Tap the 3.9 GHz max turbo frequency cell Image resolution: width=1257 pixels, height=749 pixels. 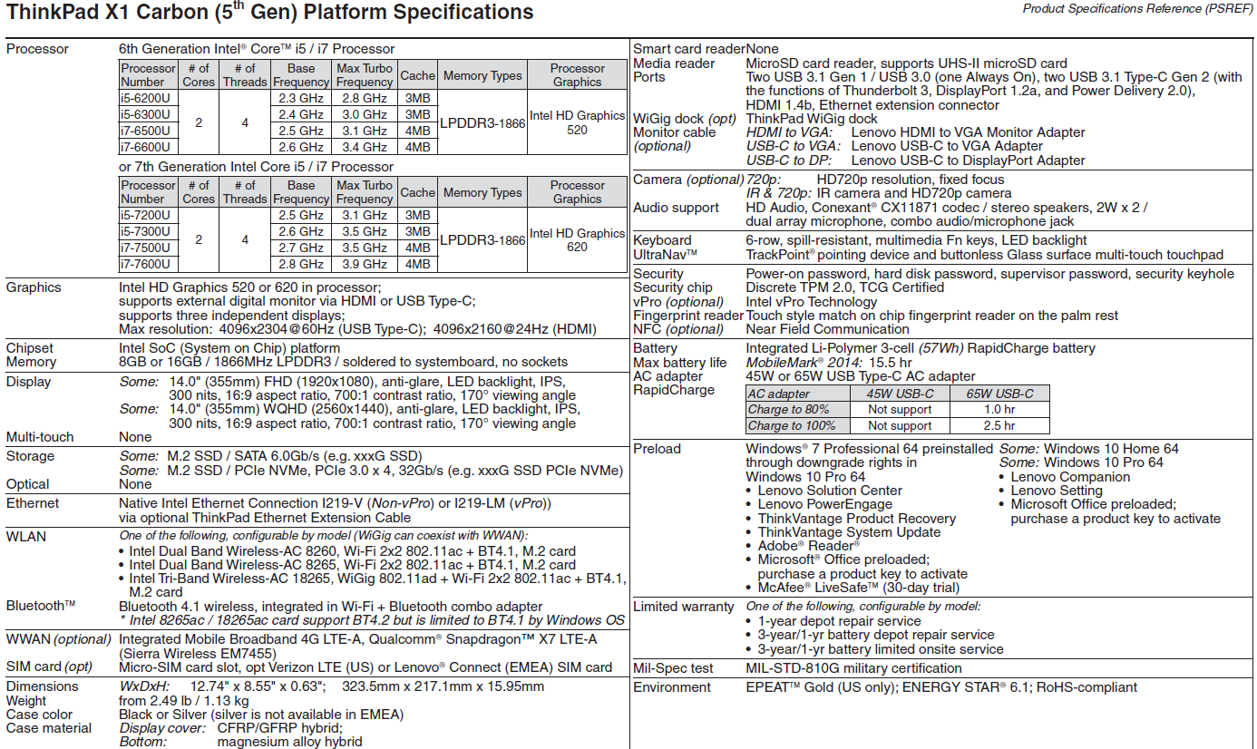[364, 264]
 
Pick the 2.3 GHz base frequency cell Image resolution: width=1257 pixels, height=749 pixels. [301, 98]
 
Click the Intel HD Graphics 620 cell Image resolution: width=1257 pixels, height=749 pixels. [578, 239]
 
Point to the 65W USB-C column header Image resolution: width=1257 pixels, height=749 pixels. [999, 394]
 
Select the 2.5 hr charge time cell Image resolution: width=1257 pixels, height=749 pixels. [999, 425]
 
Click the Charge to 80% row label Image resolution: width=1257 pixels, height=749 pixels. [788, 410]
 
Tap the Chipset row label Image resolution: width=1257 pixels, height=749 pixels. [30, 348]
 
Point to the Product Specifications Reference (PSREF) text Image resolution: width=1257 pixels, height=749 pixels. [1138, 9]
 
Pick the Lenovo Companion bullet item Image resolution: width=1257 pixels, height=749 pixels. [1070, 477]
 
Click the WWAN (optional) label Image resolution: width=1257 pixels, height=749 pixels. [58, 639]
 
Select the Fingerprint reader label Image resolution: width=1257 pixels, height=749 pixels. [687, 316]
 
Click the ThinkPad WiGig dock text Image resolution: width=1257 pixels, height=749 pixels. [812, 119]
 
